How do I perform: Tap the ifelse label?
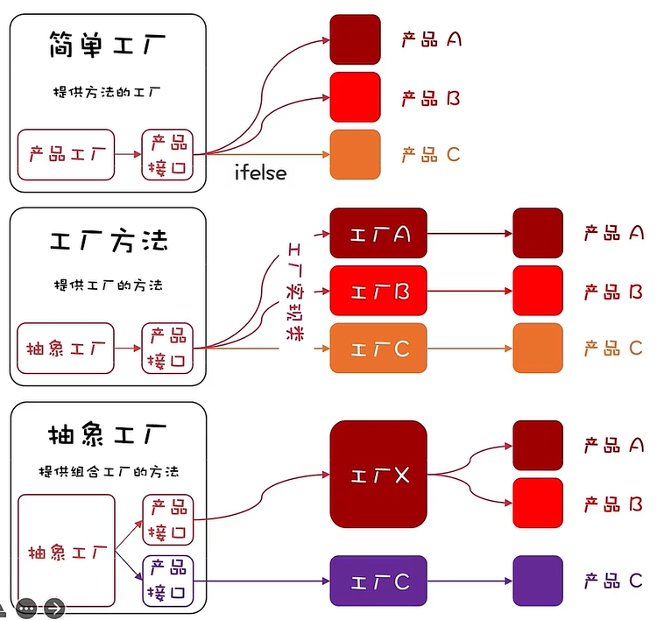pos(260,173)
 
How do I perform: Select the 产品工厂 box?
pos(67,155)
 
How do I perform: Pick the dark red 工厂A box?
pos(378,234)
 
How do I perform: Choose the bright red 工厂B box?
pos(378,291)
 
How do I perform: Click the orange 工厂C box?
pos(378,349)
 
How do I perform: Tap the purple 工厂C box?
pos(378,581)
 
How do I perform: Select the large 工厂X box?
pos(378,475)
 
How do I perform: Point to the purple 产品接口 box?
pos(167,580)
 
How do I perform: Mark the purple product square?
pos(537,581)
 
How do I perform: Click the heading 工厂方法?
pos(108,241)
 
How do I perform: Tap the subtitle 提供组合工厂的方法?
pos(108,471)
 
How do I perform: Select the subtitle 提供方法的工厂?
pos(108,91)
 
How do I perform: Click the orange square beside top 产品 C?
pos(355,155)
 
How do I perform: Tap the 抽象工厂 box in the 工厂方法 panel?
pos(67,349)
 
